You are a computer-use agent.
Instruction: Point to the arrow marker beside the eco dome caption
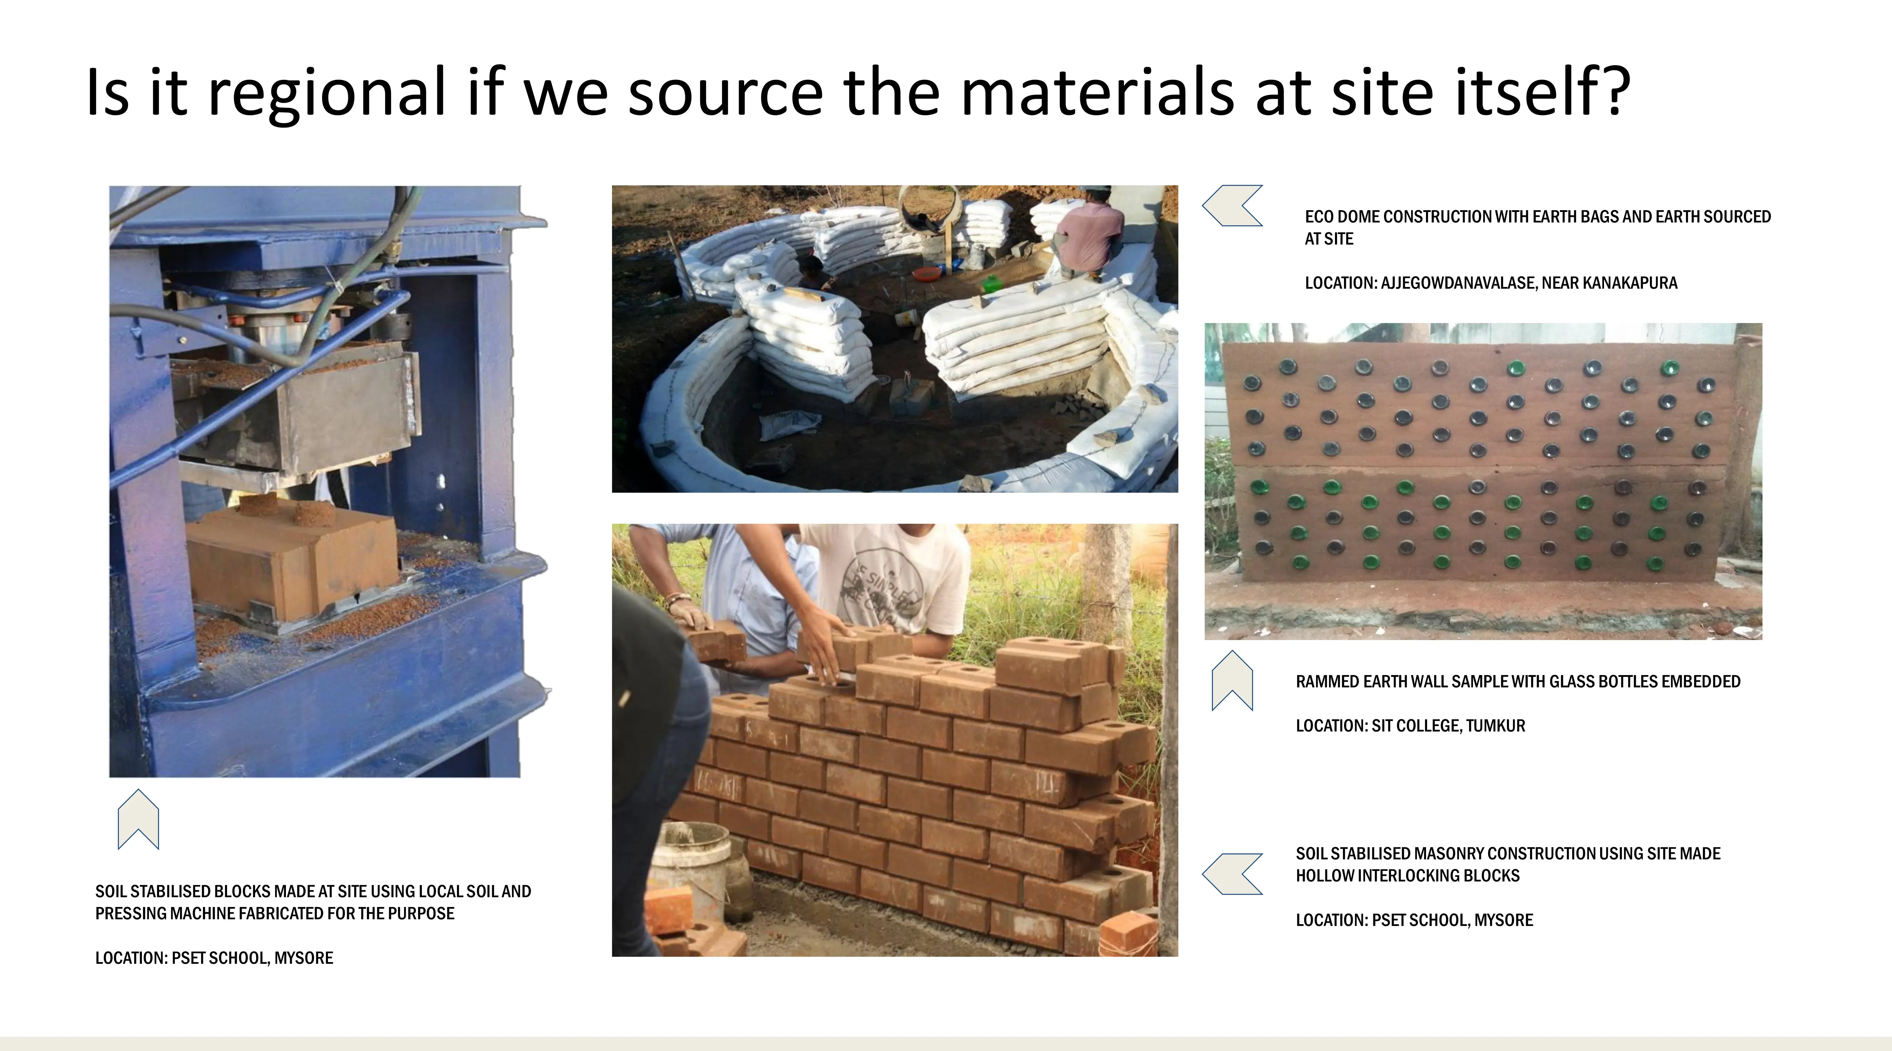[x=1233, y=206]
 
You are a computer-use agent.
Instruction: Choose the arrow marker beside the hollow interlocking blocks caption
[x=1233, y=874]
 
